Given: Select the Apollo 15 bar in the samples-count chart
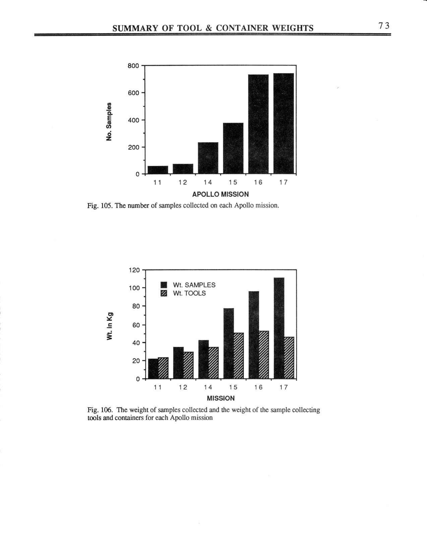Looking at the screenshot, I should [233, 148].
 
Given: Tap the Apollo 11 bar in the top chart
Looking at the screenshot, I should [158, 170].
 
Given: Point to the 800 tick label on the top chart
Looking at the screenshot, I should [133, 66].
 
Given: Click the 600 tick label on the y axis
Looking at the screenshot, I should [133, 93].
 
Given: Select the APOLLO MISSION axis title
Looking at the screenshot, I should [221, 194].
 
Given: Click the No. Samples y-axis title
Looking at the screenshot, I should [108, 121].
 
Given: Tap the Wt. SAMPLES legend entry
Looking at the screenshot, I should [194, 285].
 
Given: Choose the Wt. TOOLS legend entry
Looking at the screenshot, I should [189, 293].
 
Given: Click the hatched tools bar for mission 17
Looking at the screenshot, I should [289, 358].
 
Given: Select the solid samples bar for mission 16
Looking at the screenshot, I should [254, 335].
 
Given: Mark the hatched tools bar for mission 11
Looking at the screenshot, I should [163, 368].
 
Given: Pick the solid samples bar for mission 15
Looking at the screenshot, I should [229, 343].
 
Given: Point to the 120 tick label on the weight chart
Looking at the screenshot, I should [134, 270].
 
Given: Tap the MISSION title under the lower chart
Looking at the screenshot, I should [221, 398].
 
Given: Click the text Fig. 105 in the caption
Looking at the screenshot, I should [100, 205].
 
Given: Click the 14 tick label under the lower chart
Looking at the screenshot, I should [208, 387].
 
